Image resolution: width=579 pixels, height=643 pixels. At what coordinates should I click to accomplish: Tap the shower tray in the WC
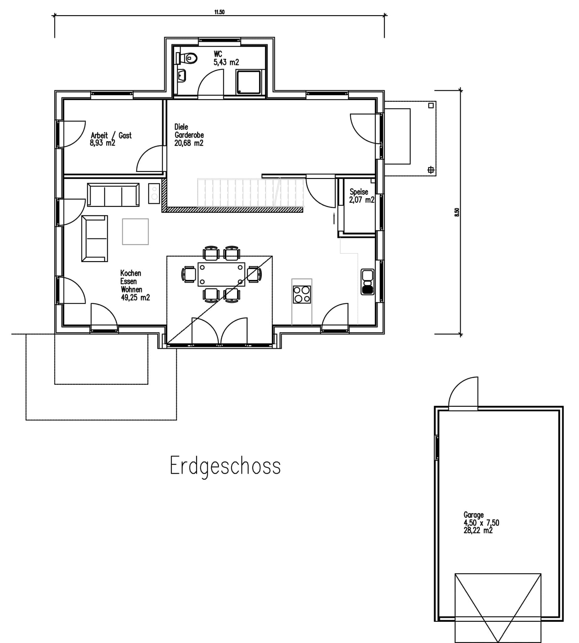point(248,82)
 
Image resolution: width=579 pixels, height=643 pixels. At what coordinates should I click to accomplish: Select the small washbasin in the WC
point(182,76)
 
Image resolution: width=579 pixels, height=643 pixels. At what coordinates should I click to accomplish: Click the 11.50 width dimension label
point(219,12)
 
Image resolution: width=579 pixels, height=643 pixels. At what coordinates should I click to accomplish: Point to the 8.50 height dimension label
point(457,212)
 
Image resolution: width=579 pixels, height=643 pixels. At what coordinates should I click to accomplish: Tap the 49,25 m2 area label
point(135,297)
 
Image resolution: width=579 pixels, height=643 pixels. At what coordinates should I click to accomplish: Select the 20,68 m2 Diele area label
point(189,143)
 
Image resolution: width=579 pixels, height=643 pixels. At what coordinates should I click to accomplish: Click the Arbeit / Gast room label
point(111,136)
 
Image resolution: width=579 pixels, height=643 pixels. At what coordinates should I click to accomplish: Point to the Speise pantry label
point(359,192)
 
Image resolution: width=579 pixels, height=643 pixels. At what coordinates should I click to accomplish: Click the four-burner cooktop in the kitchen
point(302,294)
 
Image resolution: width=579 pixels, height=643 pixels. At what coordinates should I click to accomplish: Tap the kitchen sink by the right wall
point(367,282)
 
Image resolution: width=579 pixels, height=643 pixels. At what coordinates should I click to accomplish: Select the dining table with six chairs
point(221,274)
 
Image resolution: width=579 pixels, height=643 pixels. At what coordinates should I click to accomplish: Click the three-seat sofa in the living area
point(113,195)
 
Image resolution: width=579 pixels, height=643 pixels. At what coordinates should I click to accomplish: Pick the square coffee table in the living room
point(135,231)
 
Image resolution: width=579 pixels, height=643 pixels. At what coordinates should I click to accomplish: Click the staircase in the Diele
point(250,193)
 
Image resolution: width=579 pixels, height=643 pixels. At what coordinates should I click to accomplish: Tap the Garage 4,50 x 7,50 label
point(481,523)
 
